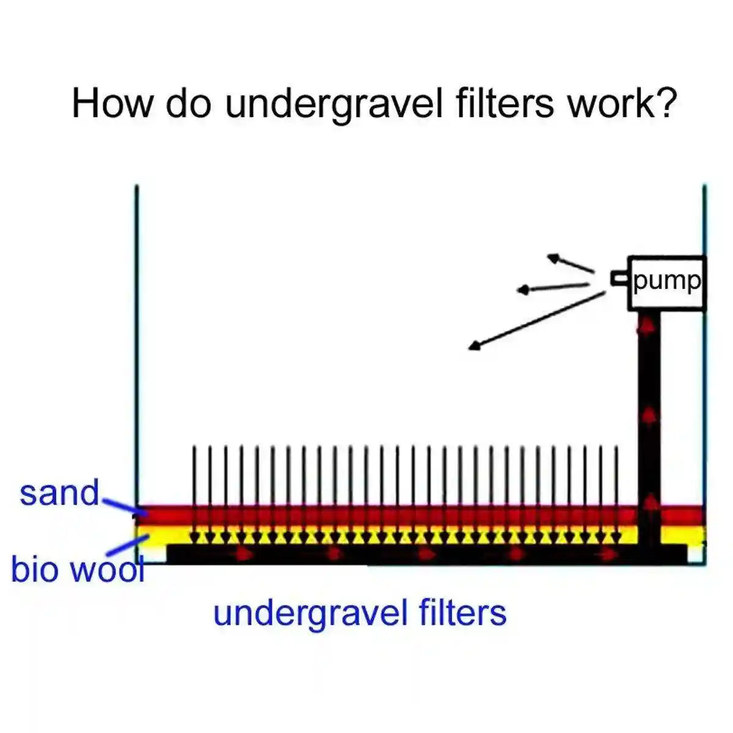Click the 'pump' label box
click(x=666, y=282)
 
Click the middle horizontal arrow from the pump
click(x=553, y=287)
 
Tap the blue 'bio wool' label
click(x=77, y=569)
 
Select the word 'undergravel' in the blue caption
click(x=310, y=612)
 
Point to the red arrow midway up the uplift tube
click(x=649, y=415)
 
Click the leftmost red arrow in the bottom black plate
click(x=244, y=555)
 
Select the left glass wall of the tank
click(x=137, y=342)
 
